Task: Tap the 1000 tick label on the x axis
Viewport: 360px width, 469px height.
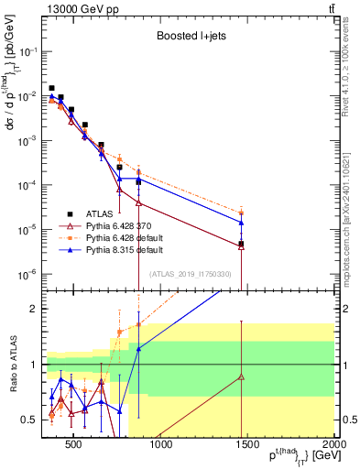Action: tap(161, 445)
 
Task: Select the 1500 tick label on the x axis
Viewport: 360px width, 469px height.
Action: tap(248, 445)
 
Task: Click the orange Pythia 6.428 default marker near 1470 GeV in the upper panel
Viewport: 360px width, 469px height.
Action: tap(241, 213)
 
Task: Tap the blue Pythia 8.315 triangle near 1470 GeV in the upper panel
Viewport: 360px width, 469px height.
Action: tap(241, 223)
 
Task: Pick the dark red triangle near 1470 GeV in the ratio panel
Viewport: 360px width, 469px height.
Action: tap(241, 376)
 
